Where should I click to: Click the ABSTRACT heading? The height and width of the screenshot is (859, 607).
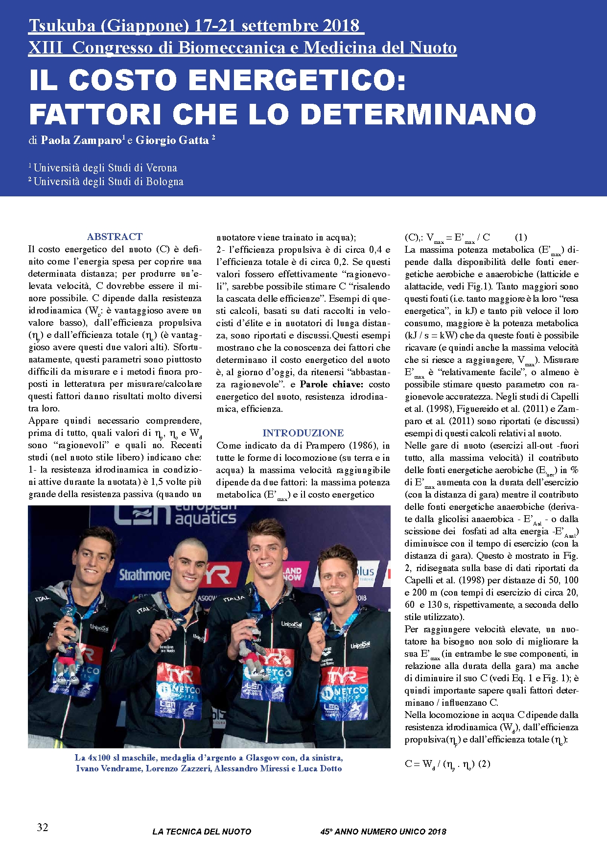pyautogui.click(x=115, y=237)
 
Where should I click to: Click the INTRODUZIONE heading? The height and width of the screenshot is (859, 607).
pyautogui.click(x=303, y=433)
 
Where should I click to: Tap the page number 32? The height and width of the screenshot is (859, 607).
pyautogui.click(x=43, y=827)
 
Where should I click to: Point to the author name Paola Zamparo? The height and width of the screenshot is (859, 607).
pyautogui.click(x=81, y=141)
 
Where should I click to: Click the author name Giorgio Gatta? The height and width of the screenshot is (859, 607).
pyautogui.click(x=172, y=141)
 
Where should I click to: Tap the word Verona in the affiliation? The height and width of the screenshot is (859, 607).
pyautogui.click(x=162, y=168)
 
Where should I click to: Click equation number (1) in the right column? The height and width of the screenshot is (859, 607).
pyautogui.click(x=521, y=238)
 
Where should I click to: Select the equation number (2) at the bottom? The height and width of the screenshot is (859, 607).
pyautogui.click(x=484, y=764)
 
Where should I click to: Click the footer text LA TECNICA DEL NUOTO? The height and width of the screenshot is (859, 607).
pyautogui.click(x=202, y=832)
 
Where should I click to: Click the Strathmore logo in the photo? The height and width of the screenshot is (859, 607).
pyautogui.click(x=145, y=574)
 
